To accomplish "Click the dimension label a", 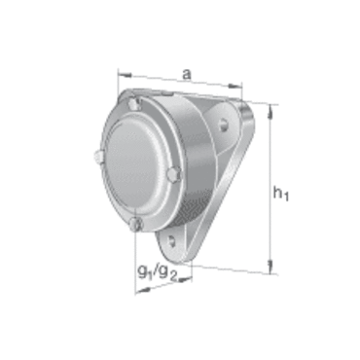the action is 187,75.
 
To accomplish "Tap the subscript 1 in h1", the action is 286,197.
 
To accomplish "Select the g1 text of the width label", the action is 145,271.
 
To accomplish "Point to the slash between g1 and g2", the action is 156,271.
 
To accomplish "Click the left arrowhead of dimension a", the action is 125,75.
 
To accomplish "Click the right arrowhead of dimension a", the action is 235,86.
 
